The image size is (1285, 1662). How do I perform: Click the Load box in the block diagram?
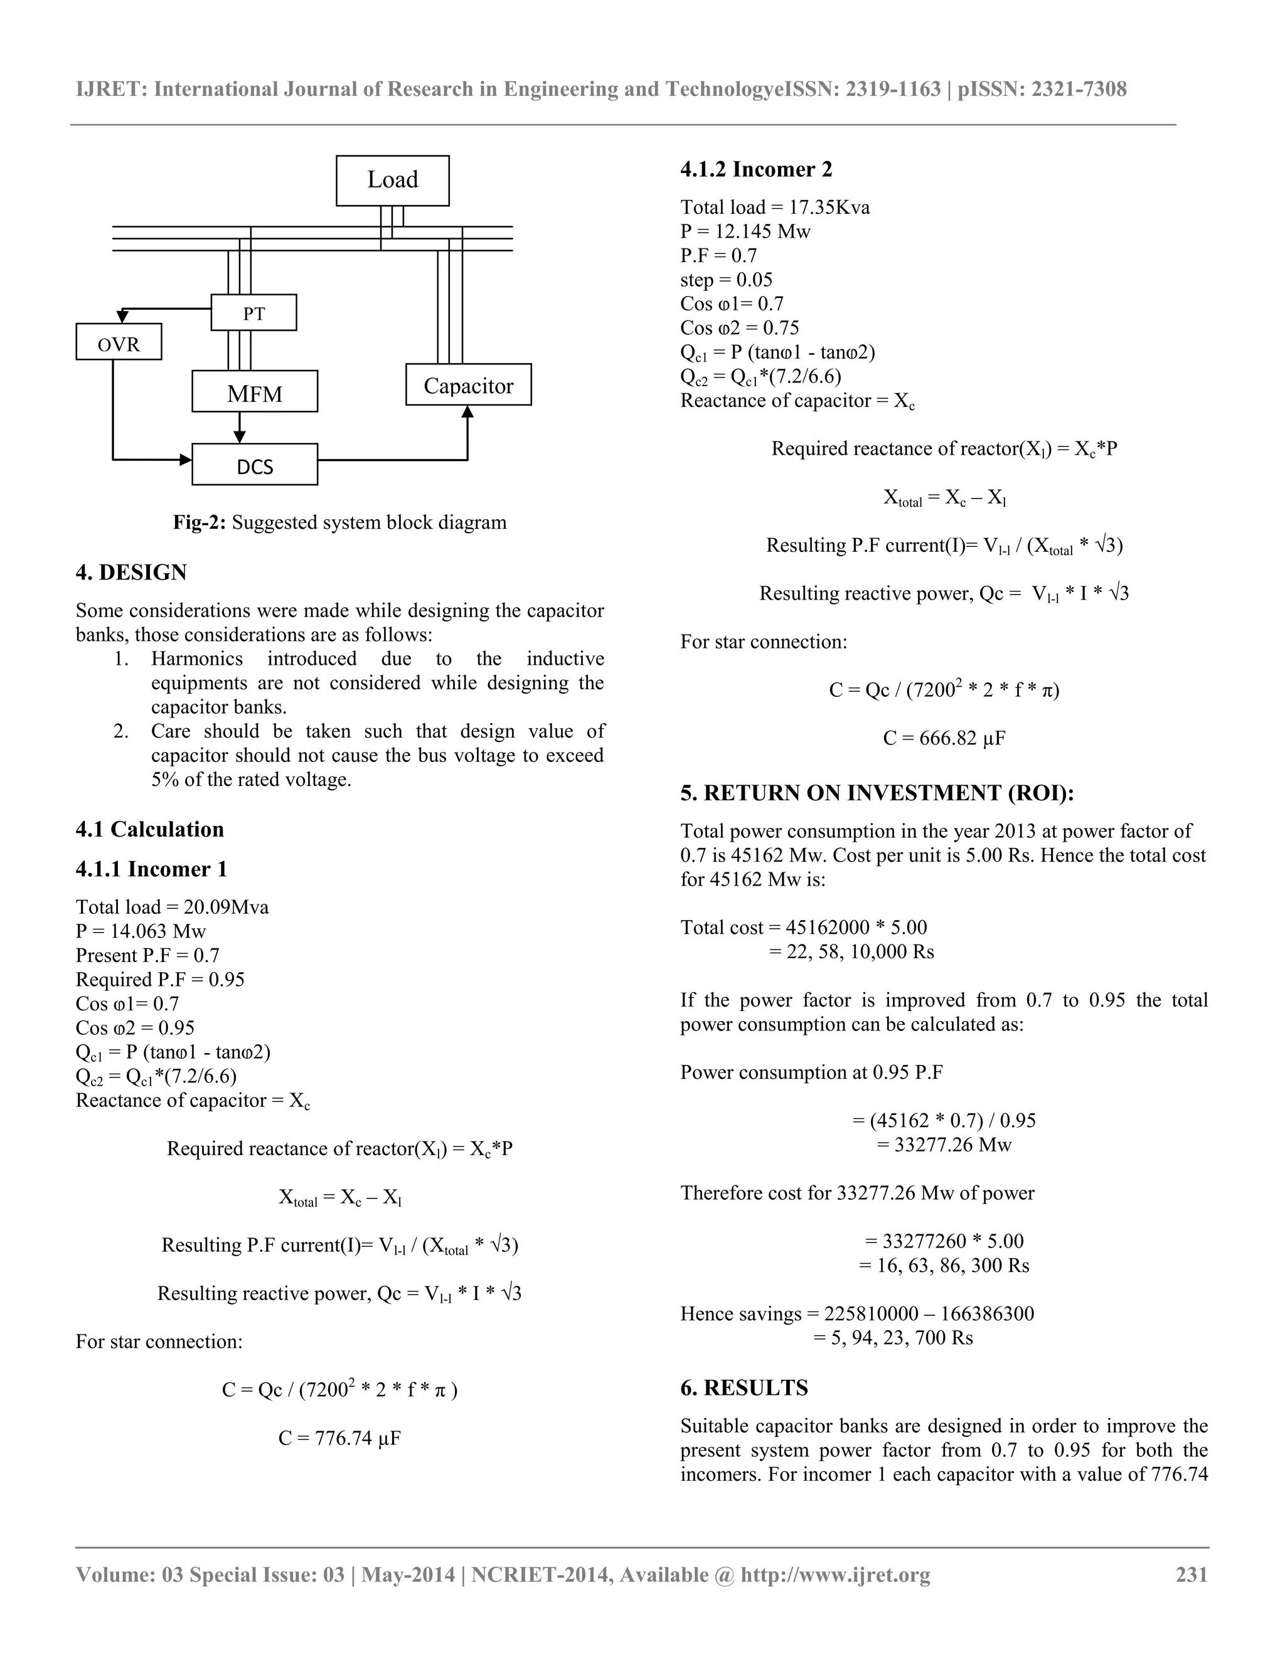pos(392,181)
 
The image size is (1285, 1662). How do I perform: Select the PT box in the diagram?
pos(253,313)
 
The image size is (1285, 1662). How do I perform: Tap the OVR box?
pos(119,342)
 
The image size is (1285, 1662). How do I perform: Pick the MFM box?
pos(254,392)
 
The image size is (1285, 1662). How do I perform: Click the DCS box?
pos(254,465)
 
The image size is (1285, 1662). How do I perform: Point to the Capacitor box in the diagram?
pos(468,385)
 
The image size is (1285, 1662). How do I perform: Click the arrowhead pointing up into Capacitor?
pos(468,411)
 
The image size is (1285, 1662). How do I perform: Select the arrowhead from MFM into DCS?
pos(240,437)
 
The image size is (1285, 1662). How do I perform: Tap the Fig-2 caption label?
pos(199,523)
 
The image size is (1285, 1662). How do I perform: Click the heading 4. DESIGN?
pos(131,572)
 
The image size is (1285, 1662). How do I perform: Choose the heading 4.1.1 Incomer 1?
pos(151,869)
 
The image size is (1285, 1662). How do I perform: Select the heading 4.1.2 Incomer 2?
pos(756,169)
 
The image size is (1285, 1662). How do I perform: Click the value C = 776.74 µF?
pos(339,1438)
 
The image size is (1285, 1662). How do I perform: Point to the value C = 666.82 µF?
pos(944,738)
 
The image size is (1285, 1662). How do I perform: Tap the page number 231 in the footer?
pos(1192,1574)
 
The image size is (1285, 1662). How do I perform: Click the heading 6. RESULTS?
pos(744,1388)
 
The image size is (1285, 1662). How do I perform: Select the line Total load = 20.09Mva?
pos(172,907)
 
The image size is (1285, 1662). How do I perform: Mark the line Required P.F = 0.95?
pos(160,980)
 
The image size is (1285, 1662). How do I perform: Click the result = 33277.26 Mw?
pos(944,1145)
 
